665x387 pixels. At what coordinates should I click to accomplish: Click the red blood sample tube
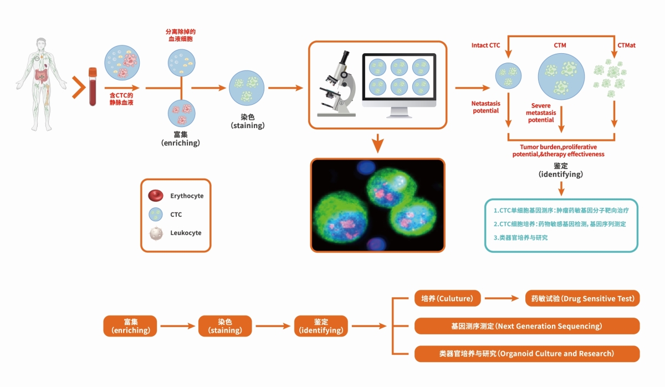tap(93, 86)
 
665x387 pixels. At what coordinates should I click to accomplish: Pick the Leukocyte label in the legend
tap(186, 233)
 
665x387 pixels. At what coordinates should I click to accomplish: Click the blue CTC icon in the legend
tap(156, 215)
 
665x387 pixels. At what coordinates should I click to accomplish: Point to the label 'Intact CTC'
tap(486, 45)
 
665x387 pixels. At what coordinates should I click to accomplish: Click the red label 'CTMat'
tap(626, 45)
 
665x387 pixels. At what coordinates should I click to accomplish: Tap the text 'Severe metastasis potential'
tap(541, 113)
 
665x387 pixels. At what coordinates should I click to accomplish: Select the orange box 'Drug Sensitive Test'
tap(582, 298)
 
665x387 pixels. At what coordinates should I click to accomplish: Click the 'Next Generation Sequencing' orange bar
tap(526, 326)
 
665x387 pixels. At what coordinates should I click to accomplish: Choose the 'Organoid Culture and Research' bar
tap(526, 353)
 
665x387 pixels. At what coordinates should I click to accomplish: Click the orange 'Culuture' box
tap(447, 298)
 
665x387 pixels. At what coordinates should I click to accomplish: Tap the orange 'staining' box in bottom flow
tap(225, 326)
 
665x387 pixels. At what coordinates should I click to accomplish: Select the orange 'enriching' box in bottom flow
tap(130, 326)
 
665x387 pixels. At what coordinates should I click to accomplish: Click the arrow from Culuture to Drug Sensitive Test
tap(503, 298)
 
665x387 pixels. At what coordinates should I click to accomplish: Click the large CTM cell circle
tap(561, 75)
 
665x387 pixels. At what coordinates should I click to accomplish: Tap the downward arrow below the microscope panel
tap(377, 143)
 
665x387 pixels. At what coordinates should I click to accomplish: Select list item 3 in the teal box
tap(521, 238)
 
